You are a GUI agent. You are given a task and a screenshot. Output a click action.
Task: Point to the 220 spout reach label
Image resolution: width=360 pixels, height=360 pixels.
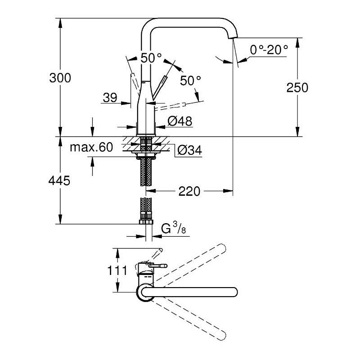pyautogui.click(x=189, y=191)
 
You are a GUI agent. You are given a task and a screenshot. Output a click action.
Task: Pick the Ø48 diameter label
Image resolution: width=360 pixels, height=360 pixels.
pyautogui.click(x=180, y=121)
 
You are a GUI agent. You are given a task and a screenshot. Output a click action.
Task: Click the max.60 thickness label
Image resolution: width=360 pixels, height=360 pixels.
pyautogui.click(x=91, y=148)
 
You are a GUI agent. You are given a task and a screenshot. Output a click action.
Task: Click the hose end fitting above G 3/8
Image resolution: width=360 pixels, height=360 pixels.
pyautogui.click(x=146, y=220)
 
